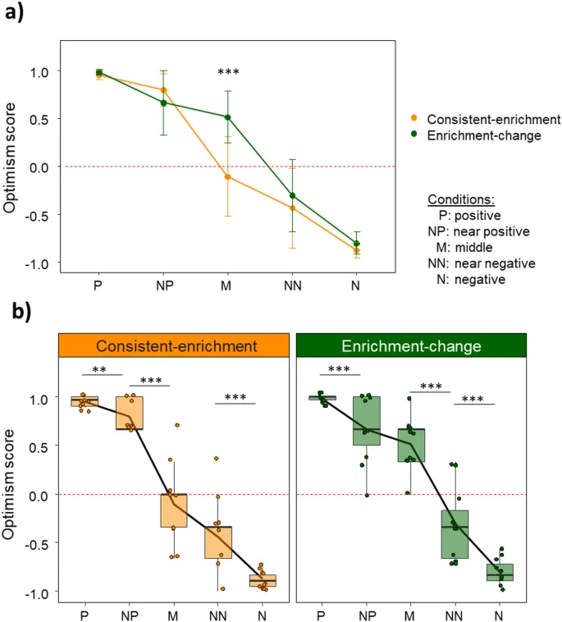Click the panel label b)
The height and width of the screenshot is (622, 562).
coord(17,313)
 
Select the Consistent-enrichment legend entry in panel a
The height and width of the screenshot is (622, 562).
coord(493,120)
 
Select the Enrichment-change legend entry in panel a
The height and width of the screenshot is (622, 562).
coord(483,136)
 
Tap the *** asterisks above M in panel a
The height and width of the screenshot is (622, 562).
coord(228,74)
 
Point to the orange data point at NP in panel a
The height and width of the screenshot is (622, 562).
coord(164,90)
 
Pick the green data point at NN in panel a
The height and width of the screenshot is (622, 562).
coord(292,195)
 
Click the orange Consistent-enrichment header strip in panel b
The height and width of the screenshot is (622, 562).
coord(172,346)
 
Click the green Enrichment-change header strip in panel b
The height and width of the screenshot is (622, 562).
coord(409,346)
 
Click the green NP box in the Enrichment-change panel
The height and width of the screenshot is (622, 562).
coord(366,421)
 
